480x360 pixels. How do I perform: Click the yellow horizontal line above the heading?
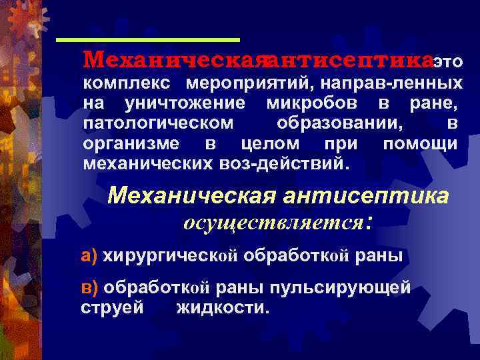148,40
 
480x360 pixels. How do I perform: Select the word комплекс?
126,84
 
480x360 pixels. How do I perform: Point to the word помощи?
420,144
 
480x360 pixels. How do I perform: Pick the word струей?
112,307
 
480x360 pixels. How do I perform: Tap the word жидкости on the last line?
222,307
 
